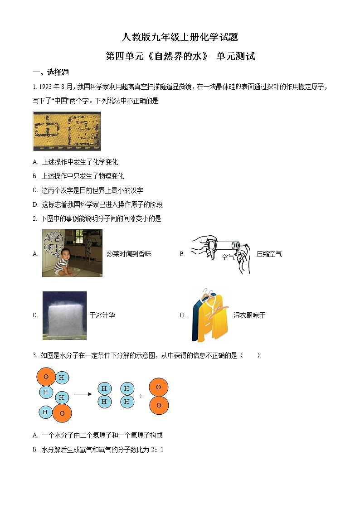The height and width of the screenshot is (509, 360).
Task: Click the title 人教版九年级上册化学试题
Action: click(180, 37)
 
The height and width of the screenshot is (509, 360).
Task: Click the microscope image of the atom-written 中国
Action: click(67, 131)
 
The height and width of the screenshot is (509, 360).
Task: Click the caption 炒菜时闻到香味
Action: click(129, 254)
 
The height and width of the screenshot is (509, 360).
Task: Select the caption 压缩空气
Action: click(269, 254)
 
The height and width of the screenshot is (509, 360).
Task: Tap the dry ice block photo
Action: click(64, 315)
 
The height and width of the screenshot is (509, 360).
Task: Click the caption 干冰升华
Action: click(102, 315)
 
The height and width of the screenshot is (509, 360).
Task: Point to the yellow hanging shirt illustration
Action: click(210, 315)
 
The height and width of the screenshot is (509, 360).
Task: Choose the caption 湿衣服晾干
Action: click(249, 315)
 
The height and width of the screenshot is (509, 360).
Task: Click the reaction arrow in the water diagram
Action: click(83, 394)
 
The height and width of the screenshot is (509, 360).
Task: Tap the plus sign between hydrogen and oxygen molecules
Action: click(141, 396)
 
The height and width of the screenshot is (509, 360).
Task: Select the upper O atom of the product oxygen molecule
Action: click(159, 387)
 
